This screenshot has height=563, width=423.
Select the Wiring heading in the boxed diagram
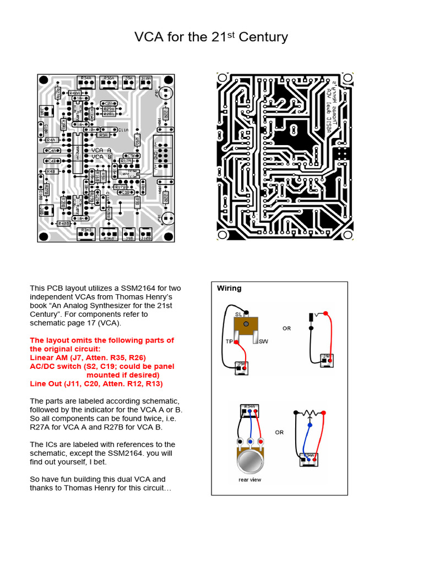(229, 288)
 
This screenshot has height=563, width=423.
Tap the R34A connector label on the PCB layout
(85, 78)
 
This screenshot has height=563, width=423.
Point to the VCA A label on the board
(101, 150)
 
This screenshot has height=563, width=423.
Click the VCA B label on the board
(101, 157)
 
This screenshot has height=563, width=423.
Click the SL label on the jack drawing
(238, 313)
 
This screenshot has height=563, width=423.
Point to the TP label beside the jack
(229, 341)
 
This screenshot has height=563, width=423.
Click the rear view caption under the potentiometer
(250, 479)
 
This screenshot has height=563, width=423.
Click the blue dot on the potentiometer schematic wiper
(310, 425)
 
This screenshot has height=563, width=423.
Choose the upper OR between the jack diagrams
(286, 329)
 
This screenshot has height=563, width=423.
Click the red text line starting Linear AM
(88, 357)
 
